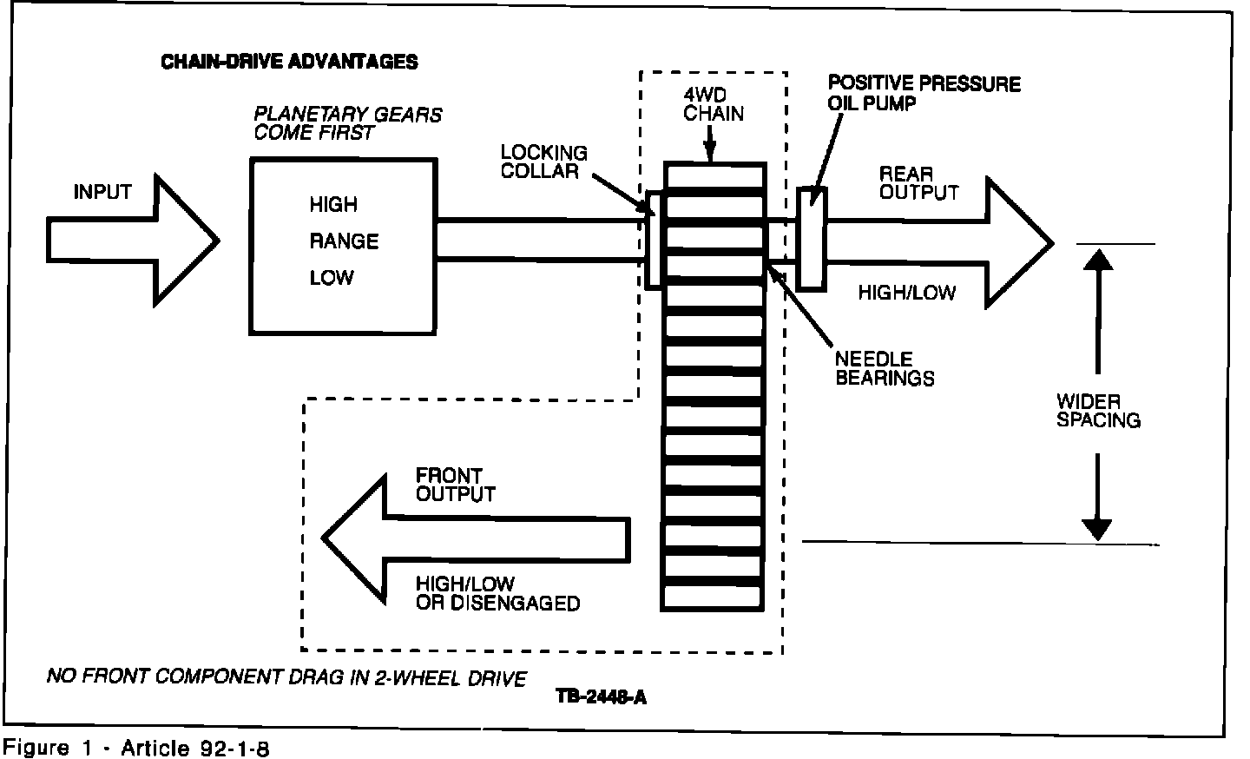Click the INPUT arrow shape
point(130,240)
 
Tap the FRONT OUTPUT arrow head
point(356,538)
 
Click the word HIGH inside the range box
point(333,205)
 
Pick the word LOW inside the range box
point(332,278)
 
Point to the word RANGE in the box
point(344,241)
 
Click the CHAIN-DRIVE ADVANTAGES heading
point(289,62)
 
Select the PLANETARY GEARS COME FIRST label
point(347,123)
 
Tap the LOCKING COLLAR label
point(544,162)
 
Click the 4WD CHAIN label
point(714,104)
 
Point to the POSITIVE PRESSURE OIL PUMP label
point(924,93)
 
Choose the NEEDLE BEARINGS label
point(885,369)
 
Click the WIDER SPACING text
point(1097,411)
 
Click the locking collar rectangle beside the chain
point(655,239)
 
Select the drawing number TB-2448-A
point(602,696)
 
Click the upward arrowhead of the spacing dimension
point(1098,259)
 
